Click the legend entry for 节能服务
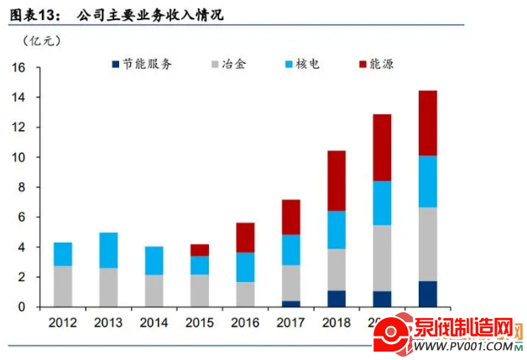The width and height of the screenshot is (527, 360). click(x=139, y=65)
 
